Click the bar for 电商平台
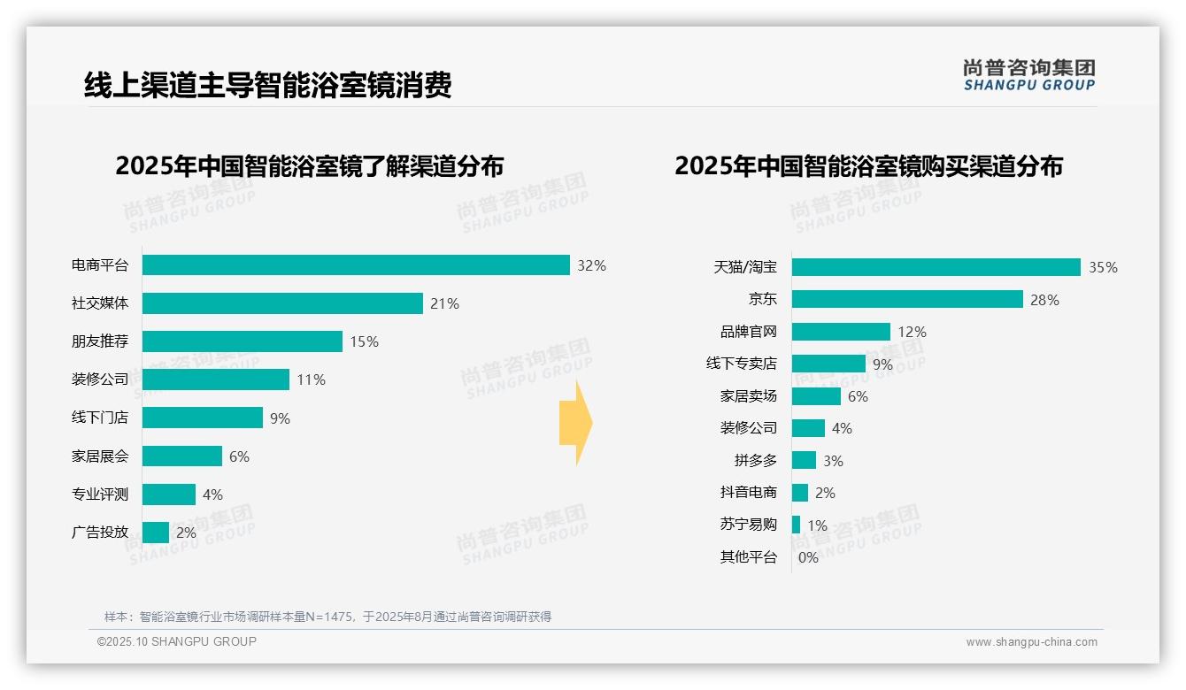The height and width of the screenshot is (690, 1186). coord(356,265)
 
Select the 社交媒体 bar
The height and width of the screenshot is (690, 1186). coord(282,303)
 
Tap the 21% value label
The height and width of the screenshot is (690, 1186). coord(444,303)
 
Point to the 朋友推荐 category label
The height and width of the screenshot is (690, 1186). coord(100,341)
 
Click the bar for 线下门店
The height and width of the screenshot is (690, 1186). coord(203,418)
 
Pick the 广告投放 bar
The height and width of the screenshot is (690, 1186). coord(156,533)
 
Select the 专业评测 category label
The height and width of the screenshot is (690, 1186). coord(100,494)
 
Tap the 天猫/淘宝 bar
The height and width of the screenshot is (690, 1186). coord(936,267)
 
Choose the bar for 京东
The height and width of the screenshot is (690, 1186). coord(907,299)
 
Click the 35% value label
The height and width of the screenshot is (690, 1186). coord(1103,267)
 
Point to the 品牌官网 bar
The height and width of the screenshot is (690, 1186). coord(841,332)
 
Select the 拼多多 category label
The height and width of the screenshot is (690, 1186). coord(755,460)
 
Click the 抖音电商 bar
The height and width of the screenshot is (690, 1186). coord(800,493)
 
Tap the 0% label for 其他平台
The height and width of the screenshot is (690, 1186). coord(808,557)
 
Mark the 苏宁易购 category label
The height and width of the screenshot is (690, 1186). coord(749,525)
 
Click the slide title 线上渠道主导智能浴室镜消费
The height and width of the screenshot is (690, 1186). coord(268,85)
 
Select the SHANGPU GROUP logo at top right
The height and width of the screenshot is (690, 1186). coord(1028,74)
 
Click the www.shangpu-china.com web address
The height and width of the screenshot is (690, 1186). coord(1031,642)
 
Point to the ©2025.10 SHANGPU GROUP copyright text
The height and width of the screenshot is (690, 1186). coord(177,641)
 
